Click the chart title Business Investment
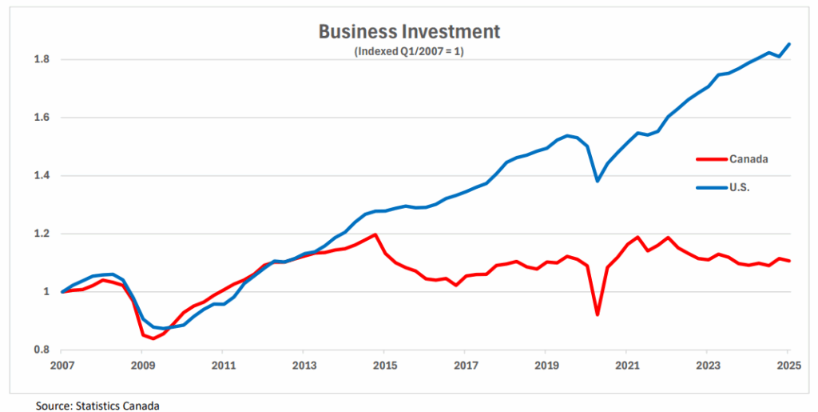coord(409,32)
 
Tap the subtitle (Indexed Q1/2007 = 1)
coord(409,51)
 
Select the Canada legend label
coord(749,158)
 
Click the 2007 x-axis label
coord(62,366)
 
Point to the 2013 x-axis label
coord(304,366)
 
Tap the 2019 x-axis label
coord(546,366)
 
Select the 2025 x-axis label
coord(788,366)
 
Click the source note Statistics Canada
coord(97,406)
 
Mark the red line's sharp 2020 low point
coord(596,314)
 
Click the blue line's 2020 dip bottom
coord(597,181)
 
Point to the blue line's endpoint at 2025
coord(789,44)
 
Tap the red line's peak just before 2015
coord(375,234)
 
